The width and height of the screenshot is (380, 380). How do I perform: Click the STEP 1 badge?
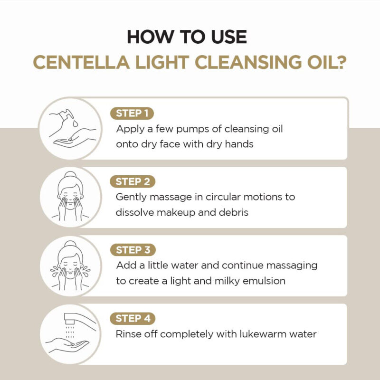pos(133,113)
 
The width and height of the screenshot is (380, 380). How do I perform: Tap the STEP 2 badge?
pos(133,181)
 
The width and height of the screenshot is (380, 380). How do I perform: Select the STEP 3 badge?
pos(133,250)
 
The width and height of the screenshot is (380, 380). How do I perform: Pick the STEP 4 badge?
pos(133,318)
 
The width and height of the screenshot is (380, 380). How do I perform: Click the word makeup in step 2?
pos(173,212)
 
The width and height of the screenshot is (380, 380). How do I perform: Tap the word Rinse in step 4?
pos(128,334)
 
